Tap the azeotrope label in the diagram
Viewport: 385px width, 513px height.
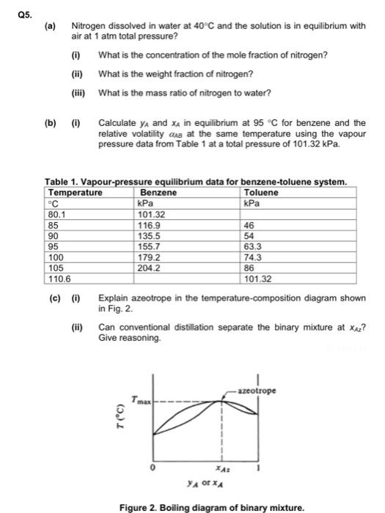tap(257, 391)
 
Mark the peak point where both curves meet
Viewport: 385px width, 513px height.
tap(223, 400)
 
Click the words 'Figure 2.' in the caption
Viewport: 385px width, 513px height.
tap(141, 506)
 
